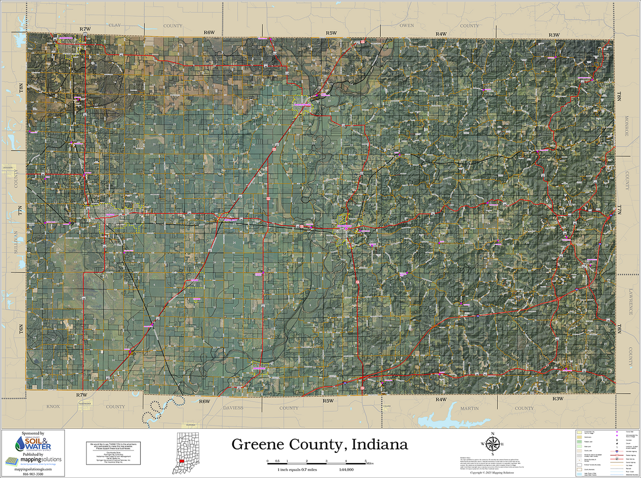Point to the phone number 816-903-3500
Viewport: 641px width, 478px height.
(33, 473)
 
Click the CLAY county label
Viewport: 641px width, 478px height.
(115, 25)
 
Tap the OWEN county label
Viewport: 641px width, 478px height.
(407, 26)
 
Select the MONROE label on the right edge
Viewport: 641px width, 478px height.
(626, 126)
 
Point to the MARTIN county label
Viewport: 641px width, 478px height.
(469, 408)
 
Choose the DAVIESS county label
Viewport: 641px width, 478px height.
(233, 408)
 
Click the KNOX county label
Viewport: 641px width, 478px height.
(53, 407)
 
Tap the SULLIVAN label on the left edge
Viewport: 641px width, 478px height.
(16, 242)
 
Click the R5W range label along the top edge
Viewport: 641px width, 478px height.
(331, 33)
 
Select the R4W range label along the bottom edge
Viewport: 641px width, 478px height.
(441, 399)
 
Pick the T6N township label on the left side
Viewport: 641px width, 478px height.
(21, 330)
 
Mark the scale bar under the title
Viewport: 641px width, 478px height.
(317, 460)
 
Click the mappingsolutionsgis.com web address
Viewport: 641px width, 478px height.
(33, 468)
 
